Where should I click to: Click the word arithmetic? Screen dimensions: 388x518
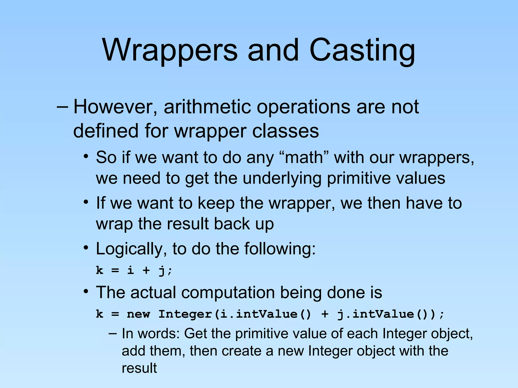coord(207,107)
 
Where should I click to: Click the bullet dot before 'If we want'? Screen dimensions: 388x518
coord(86,202)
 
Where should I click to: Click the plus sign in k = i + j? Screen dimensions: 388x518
coord(146,271)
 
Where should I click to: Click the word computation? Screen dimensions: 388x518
coord(228,293)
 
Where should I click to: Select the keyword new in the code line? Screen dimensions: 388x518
coord(138,314)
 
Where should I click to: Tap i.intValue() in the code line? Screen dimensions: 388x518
coord(265,314)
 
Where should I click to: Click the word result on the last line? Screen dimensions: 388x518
coord(139,368)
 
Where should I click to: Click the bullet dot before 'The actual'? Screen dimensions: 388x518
coord(86,292)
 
